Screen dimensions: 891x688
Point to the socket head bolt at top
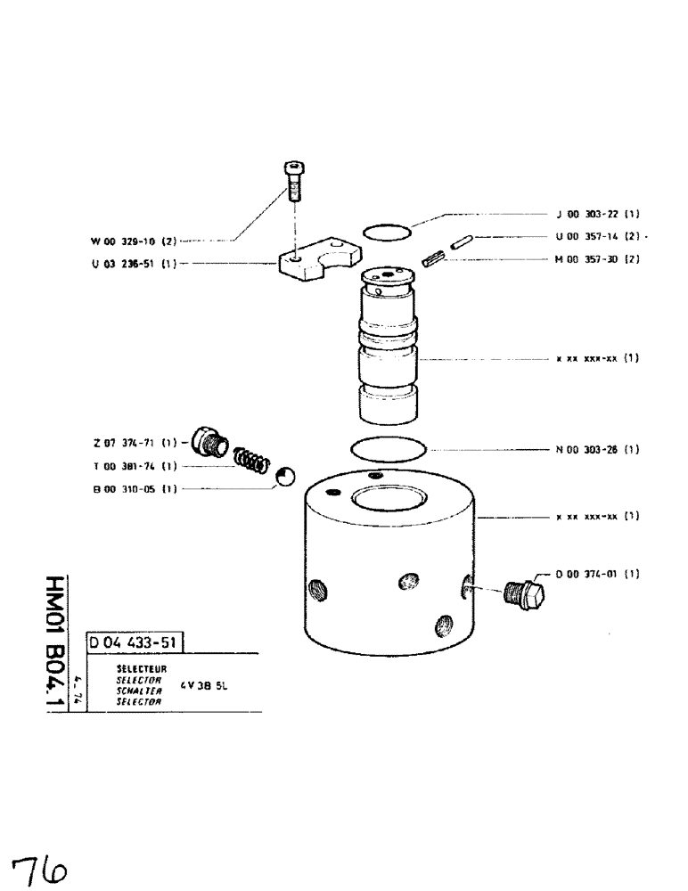[x=293, y=182]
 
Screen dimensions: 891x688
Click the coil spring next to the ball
[x=252, y=462]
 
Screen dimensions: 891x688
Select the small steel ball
[x=284, y=478]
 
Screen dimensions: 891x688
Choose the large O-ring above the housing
[x=389, y=447]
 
